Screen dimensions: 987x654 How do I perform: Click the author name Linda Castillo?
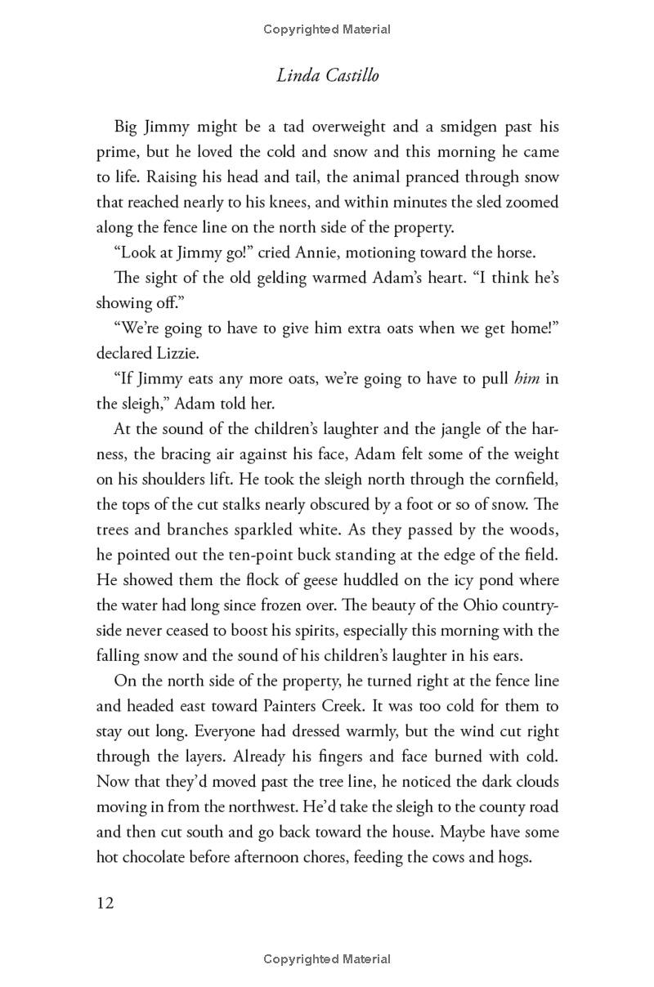(327, 76)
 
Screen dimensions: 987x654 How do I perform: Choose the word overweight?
(310, 127)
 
